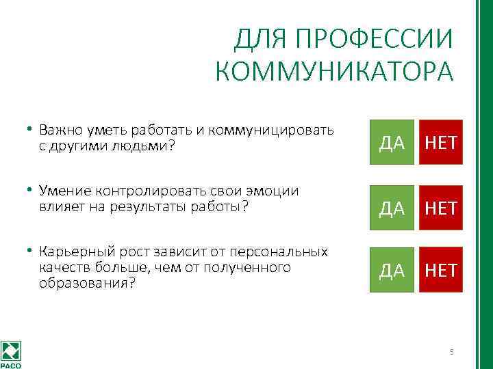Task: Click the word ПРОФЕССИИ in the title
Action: pos(374,40)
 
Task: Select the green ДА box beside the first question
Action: pos(392,142)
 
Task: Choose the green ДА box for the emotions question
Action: pos(392,208)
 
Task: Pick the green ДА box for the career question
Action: pos(392,270)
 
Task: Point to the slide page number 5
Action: pos(451,352)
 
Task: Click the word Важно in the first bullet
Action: pos(58,130)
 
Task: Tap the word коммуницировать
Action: pos(283,130)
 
